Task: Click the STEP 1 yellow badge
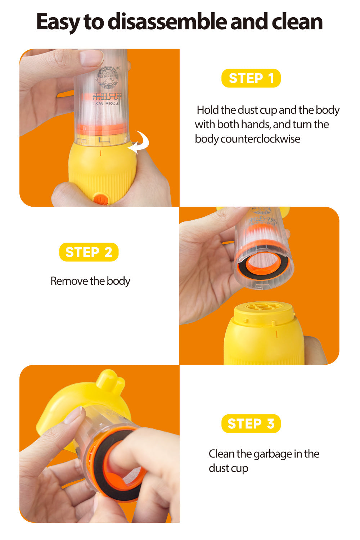click(x=251, y=78)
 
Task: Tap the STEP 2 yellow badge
click(x=89, y=252)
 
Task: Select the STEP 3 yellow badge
click(x=251, y=424)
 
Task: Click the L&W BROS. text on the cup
click(x=106, y=103)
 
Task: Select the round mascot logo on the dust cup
click(x=107, y=76)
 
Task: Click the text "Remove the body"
click(x=90, y=281)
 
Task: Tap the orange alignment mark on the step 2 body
click(x=276, y=334)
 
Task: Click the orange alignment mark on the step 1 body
click(x=100, y=153)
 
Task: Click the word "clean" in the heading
click(x=297, y=22)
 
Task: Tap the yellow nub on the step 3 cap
click(x=111, y=379)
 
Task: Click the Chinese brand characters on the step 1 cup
click(x=107, y=96)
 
